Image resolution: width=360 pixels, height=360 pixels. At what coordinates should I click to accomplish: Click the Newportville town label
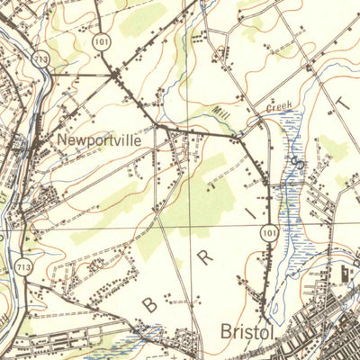tap(99, 140)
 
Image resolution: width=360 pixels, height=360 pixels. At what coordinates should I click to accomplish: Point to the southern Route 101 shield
tap(270, 232)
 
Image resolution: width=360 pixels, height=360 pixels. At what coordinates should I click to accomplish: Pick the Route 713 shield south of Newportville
tap(22, 266)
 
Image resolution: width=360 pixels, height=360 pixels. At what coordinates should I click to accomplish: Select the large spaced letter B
tap(148, 305)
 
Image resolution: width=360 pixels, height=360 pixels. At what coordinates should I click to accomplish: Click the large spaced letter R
tap(206, 258)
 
